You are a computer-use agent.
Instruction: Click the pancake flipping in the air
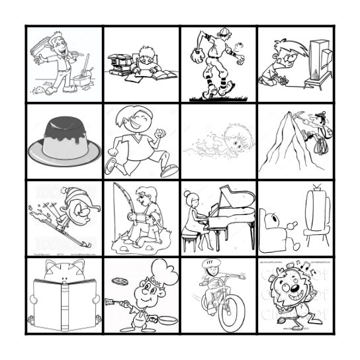point(119,281)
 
